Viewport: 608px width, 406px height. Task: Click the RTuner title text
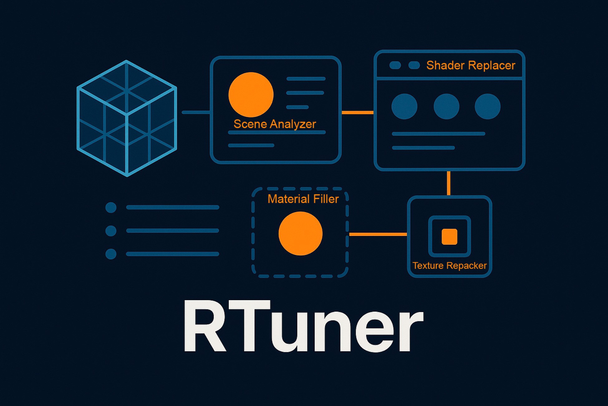tap(303, 326)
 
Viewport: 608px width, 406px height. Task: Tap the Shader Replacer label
tap(470, 65)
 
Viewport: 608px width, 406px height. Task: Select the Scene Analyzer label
tap(275, 124)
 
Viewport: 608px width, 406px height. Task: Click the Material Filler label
tap(303, 199)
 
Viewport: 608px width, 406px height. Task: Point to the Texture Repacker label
tap(449, 265)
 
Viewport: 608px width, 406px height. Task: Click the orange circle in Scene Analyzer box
tap(251, 95)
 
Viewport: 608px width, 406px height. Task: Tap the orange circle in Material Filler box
tap(300, 234)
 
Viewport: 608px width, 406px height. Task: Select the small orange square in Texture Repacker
tap(449, 236)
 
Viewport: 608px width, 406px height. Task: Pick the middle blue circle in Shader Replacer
tap(446, 106)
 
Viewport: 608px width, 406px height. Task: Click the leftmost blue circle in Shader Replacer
tap(404, 106)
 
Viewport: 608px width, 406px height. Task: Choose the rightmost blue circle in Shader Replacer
tap(488, 106)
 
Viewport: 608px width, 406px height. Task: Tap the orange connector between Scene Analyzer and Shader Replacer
tap(358, 112)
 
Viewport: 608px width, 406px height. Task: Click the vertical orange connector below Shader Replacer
tap(449, 183)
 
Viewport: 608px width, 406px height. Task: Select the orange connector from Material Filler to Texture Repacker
tap(378, 234)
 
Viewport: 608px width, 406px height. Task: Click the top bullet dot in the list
tap(111, 207)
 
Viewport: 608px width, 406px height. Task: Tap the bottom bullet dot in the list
tap(111, 254)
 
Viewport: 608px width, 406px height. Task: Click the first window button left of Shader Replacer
tap(395, 65)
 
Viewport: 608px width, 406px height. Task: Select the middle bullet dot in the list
tap(111, 231)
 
